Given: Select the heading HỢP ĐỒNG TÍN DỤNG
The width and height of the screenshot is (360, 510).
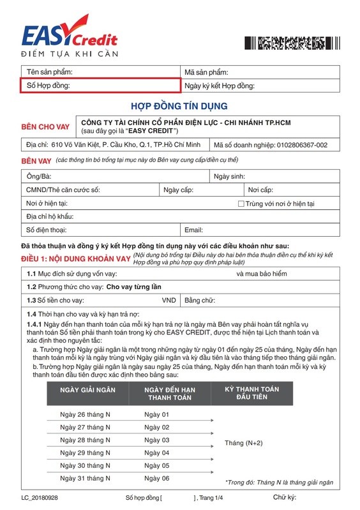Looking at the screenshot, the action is point(179,105).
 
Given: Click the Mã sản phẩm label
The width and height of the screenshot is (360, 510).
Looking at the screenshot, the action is point(206,72).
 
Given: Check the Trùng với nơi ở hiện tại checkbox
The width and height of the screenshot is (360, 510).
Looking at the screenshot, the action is point(241,204).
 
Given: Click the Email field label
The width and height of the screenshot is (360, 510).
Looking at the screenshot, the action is point(193,230).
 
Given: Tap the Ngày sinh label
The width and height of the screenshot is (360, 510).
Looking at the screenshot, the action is point(229,176).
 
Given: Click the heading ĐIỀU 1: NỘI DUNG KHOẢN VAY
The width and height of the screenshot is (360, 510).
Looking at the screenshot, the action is point(75,259).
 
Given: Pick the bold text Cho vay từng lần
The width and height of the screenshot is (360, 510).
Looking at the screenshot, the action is point(134,287).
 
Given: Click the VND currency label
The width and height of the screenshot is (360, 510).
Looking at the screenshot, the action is point(169,301).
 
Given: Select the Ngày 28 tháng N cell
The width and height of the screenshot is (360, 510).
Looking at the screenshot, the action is point(85,440).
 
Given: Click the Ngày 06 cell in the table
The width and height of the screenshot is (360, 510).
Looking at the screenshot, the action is point(157,478).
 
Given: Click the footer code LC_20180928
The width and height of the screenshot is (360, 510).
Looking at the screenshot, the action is point(40,497).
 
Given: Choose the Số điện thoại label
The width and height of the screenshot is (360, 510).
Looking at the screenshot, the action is point(46,230).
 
